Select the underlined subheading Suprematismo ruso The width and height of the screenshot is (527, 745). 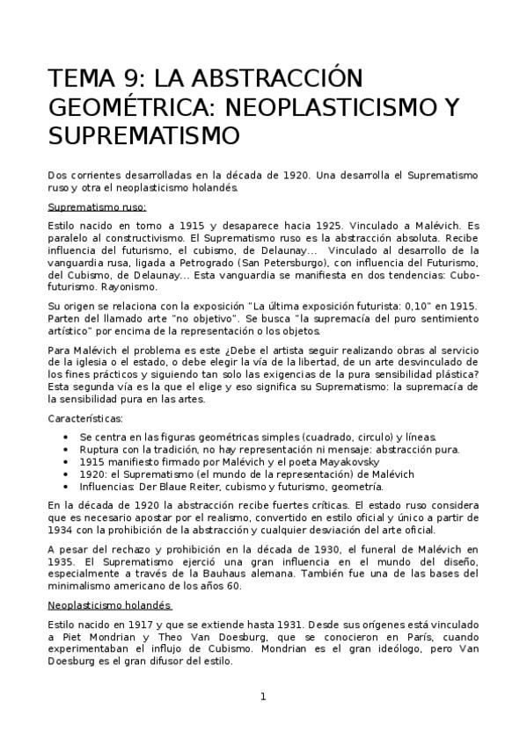coord(97,207)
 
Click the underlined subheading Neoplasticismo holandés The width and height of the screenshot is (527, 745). coord(110,605)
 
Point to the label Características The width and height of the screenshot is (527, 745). coord(85,417)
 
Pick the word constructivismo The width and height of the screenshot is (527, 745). coord(145,237)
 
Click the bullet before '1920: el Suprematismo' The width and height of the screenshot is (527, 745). coord(68,474)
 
